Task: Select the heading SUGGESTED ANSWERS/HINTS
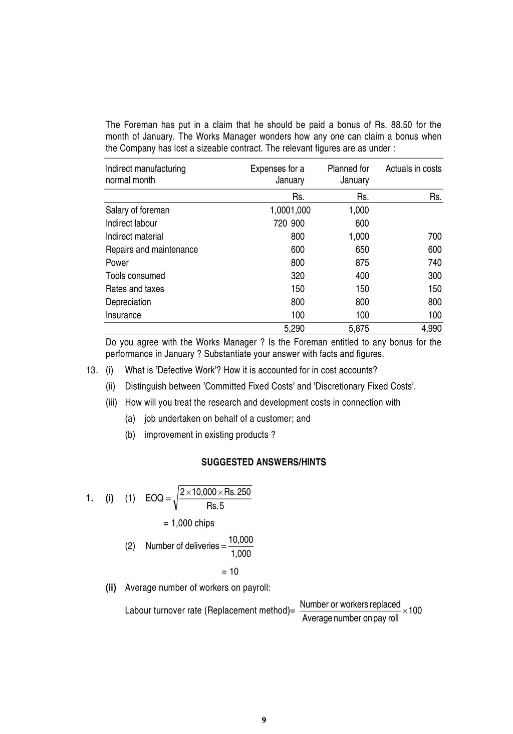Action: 264,462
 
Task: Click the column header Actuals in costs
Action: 413,169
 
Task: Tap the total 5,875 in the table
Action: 358,329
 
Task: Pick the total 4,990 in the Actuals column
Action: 431,329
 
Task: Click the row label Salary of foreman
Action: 137,210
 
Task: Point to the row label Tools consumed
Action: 135,276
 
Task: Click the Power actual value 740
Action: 434,263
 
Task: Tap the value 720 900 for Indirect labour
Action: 289,223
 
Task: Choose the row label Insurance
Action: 123,315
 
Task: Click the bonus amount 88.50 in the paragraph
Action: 401,125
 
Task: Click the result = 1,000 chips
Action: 189,523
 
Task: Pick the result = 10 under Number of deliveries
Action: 230,571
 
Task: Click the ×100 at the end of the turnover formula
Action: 412,610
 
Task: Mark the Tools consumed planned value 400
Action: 362,276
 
